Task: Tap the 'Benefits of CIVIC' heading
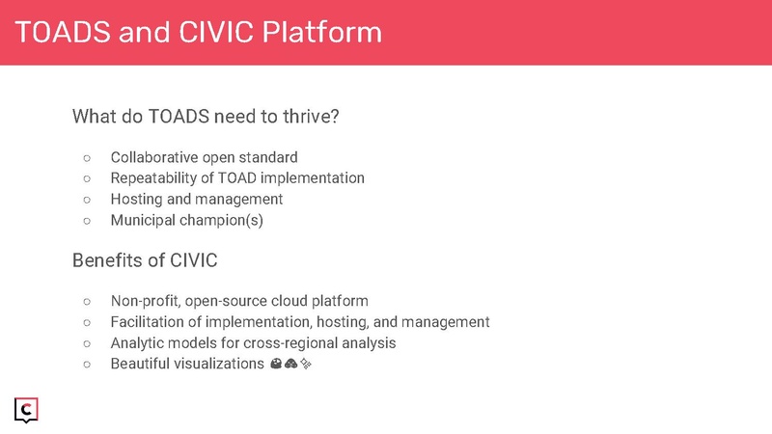(x=144, y=261)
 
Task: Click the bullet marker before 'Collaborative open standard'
(x=86, y=157)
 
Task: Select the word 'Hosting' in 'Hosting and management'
(x=136, y=200)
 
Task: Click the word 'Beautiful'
(x=141, y=364)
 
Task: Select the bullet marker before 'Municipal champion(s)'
(x=86, y=220)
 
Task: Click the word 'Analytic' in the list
(x=137, y=342)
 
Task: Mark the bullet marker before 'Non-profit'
(x=86, y=301)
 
